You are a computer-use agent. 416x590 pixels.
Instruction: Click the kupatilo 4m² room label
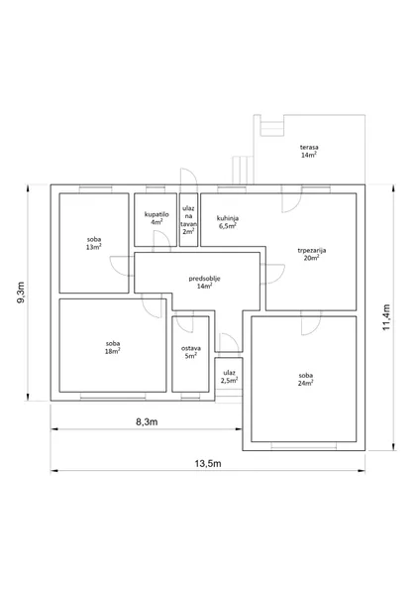pos(156,218)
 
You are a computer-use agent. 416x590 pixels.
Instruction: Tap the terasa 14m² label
pos(309,151)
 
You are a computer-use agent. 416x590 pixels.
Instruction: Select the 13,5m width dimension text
pos(208,463)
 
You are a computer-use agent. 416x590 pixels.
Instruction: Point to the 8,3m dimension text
pos(147,421)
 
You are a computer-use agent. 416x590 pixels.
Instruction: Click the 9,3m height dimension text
pos(21,293)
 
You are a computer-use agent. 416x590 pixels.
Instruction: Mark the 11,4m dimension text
pos(386,317)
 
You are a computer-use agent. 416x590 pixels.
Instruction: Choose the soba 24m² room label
pos(306,379)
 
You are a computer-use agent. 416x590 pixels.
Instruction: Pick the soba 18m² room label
pos(113,347)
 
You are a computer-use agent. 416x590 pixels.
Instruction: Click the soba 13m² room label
pos(94,243)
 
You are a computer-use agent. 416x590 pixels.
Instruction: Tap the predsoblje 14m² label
pos(204,283)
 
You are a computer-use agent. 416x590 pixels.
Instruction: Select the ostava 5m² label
pos(191,352)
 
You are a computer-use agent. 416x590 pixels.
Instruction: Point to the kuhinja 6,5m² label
pos(228,222)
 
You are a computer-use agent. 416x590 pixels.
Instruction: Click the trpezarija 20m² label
pos(312,254)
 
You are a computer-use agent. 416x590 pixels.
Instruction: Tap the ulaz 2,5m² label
pos(229,376)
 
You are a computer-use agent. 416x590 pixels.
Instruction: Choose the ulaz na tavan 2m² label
pos(188,220)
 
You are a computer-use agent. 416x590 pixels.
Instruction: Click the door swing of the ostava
pos(184,324)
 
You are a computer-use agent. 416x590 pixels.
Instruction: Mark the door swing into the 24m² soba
pos(311,323)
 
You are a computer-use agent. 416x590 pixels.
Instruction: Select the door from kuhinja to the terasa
pos(291,199)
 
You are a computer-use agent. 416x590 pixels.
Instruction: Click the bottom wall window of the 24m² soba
pos(304,446)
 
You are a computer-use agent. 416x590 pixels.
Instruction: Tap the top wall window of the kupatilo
pos(156,189)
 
